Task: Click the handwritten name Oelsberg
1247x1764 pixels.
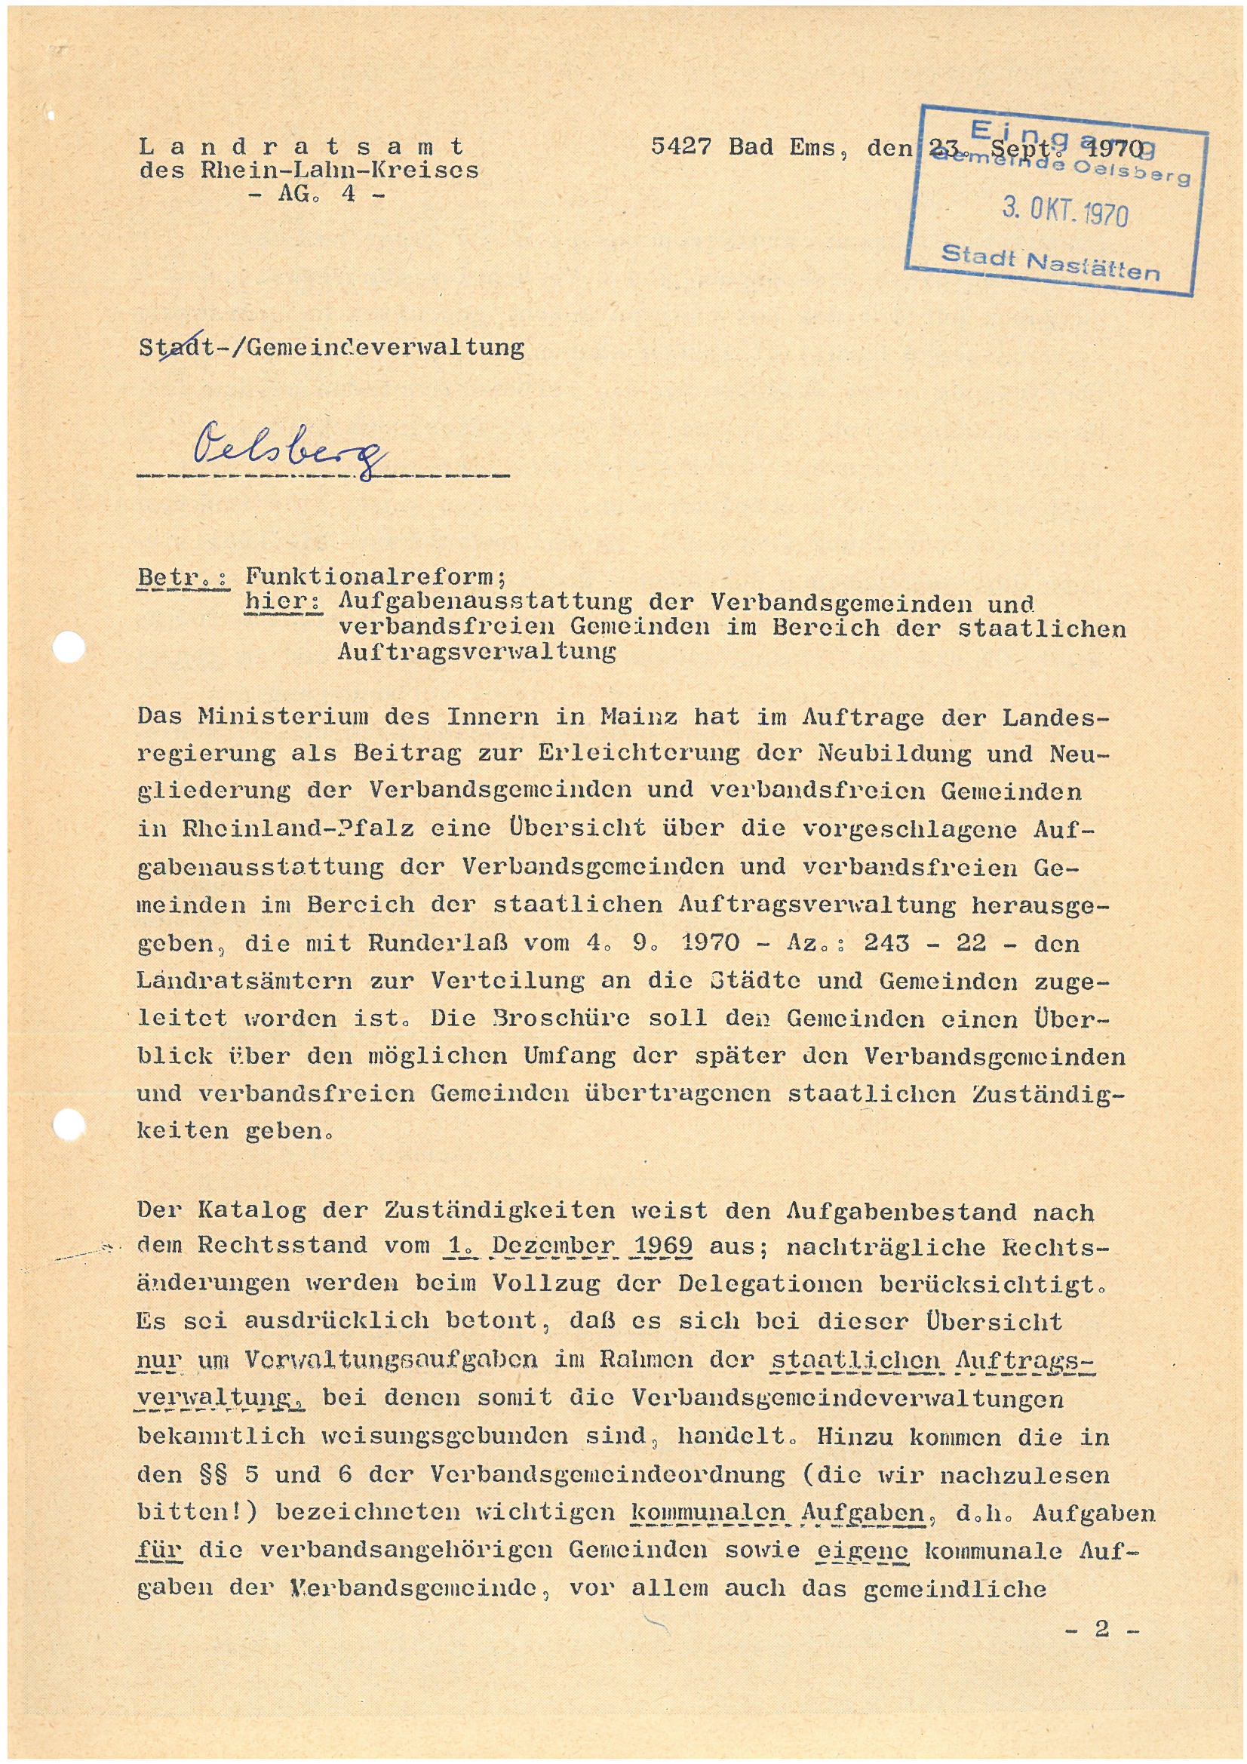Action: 290,453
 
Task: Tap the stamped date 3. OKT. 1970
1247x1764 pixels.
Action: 1065,210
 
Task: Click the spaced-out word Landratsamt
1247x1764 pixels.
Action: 302,145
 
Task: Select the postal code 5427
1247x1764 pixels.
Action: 680,146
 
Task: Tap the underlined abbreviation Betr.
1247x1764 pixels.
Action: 182,577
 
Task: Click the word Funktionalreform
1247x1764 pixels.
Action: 375,576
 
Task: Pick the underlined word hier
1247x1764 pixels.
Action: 283,601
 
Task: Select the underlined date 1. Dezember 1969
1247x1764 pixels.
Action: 568,1246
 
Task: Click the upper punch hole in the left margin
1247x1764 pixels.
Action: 69,647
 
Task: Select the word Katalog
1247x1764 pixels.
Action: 252,1210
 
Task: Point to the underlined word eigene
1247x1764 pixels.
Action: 862,1550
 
